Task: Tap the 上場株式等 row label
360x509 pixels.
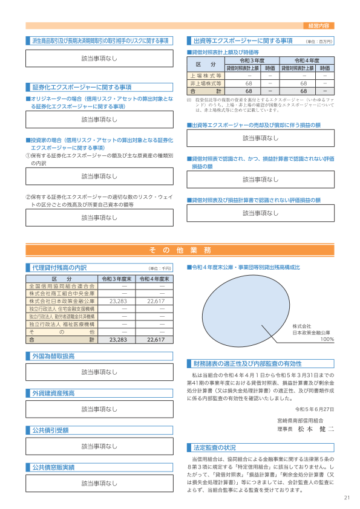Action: (x=206, y=76)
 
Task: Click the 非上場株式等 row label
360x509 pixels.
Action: (x=206, y=83)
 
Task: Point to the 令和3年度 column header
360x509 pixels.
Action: (x=252, y=61)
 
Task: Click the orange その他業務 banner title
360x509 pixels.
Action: (x=180, y=250)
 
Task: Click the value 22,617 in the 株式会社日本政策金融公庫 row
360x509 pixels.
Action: (x=156, y=300)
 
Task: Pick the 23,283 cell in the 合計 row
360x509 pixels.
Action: (x=117, y=340)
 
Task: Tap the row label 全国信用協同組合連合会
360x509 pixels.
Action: (x=62, y=285)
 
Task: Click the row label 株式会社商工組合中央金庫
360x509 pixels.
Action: (x=62, y=293)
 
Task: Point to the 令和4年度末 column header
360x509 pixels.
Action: (x=156, y=278)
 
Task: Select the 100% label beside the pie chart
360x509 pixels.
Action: (x=327, y=339)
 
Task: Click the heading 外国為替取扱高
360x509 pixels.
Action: (x=54, y=357)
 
